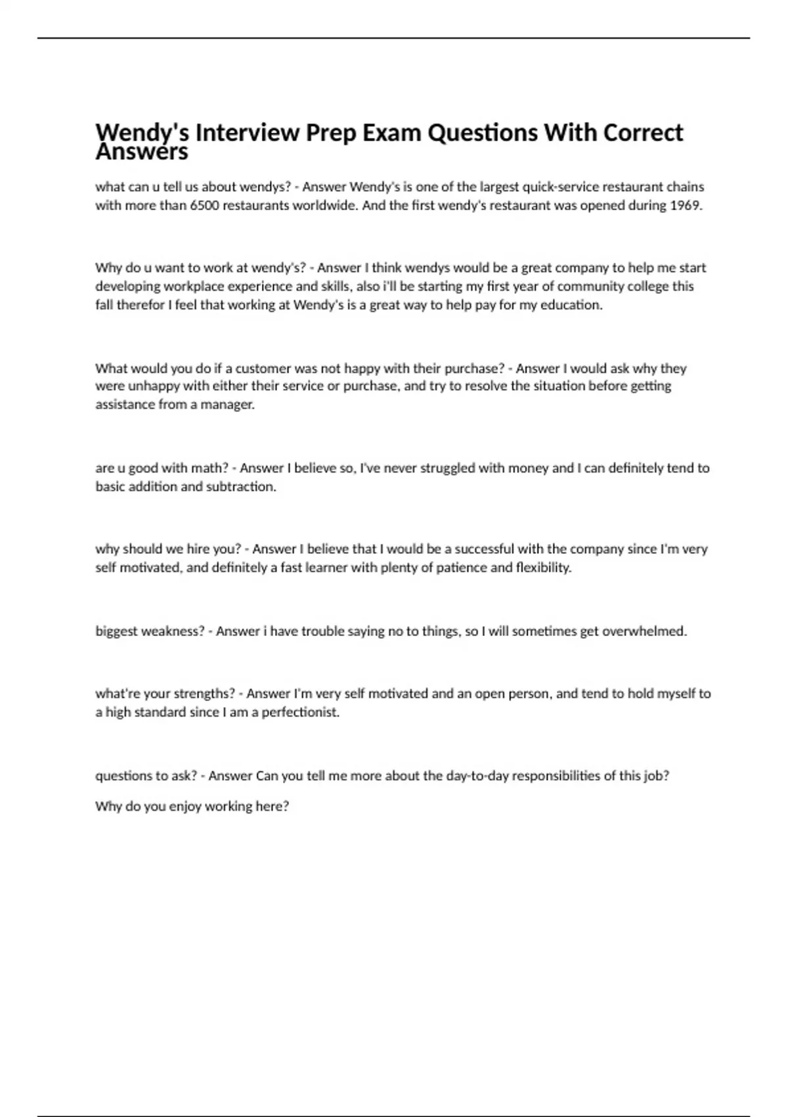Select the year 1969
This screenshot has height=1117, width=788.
click(686, 206)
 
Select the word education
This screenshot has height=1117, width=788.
click(571, 305)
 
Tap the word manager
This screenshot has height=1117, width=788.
click(229, 405)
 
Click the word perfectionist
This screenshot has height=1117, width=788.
click(300, 712)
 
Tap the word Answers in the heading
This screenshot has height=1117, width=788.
click(142, 152)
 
